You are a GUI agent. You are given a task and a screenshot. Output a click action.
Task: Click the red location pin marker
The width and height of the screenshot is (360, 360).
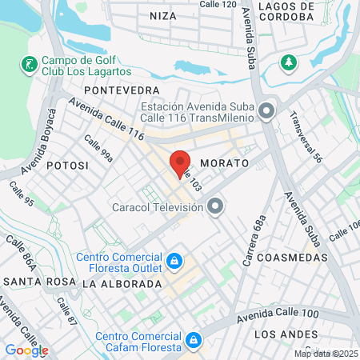click(x=181, y=163)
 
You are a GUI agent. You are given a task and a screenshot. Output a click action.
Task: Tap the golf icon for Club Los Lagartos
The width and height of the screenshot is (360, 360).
click(x=29, y=63)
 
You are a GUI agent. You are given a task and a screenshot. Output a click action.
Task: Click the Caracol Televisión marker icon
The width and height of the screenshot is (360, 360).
click(x=214, y=208)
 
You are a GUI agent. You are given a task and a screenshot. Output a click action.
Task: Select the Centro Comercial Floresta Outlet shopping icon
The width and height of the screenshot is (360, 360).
click(x=173, y=261)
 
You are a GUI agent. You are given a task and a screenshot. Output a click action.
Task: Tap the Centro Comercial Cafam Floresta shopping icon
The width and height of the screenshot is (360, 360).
click(x=193, y=342)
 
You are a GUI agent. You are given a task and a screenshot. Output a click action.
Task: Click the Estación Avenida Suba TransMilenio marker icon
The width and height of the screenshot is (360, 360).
click(x=267, y=110)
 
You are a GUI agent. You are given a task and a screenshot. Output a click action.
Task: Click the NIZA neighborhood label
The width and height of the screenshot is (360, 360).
click(x=162, y=15)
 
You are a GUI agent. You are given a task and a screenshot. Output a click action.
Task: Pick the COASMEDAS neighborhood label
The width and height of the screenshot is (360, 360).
click(x=295, y=258)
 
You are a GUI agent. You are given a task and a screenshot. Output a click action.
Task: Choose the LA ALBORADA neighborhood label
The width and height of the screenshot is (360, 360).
click(x=122, y=284)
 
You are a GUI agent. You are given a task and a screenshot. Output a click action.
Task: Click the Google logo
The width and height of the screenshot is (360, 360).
click(x=26, y=350)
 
